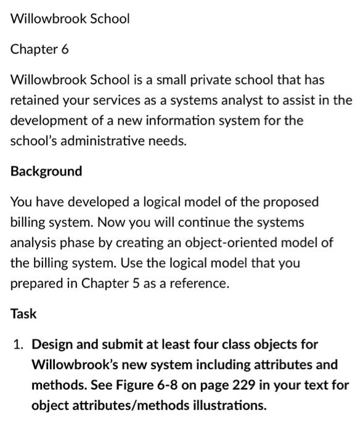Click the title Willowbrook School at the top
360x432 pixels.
coord(70,19)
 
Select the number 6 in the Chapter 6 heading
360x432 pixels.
coord(65,49)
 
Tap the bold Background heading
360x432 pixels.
coord(46,171)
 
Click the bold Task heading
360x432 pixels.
coord(23,314)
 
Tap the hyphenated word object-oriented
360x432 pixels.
coord(243,243)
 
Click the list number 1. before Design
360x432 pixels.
coord(19,344)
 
